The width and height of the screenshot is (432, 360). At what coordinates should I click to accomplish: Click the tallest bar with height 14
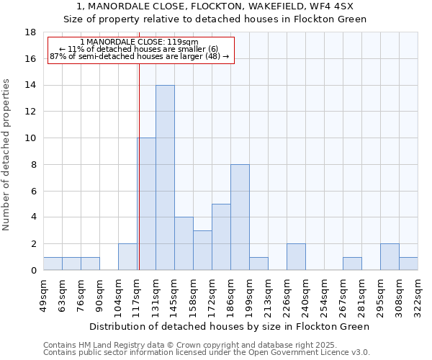tap(165, 178)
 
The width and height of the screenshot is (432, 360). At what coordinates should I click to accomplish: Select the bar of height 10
tap(146, 204)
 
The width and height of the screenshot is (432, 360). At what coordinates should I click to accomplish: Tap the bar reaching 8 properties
tap(240, 217)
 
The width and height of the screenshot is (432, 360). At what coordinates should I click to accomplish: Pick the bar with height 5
tap(221, 237)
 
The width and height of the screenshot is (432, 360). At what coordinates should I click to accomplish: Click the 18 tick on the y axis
tap(30, 32)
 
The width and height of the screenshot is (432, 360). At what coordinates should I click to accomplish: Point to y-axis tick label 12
tap(30, 112)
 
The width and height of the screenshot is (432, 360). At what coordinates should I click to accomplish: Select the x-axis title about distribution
tap(230, 326)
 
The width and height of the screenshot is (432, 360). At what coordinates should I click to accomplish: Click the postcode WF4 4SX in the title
tap(328, 6)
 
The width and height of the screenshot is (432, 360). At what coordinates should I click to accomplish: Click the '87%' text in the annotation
tap(57, 56)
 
